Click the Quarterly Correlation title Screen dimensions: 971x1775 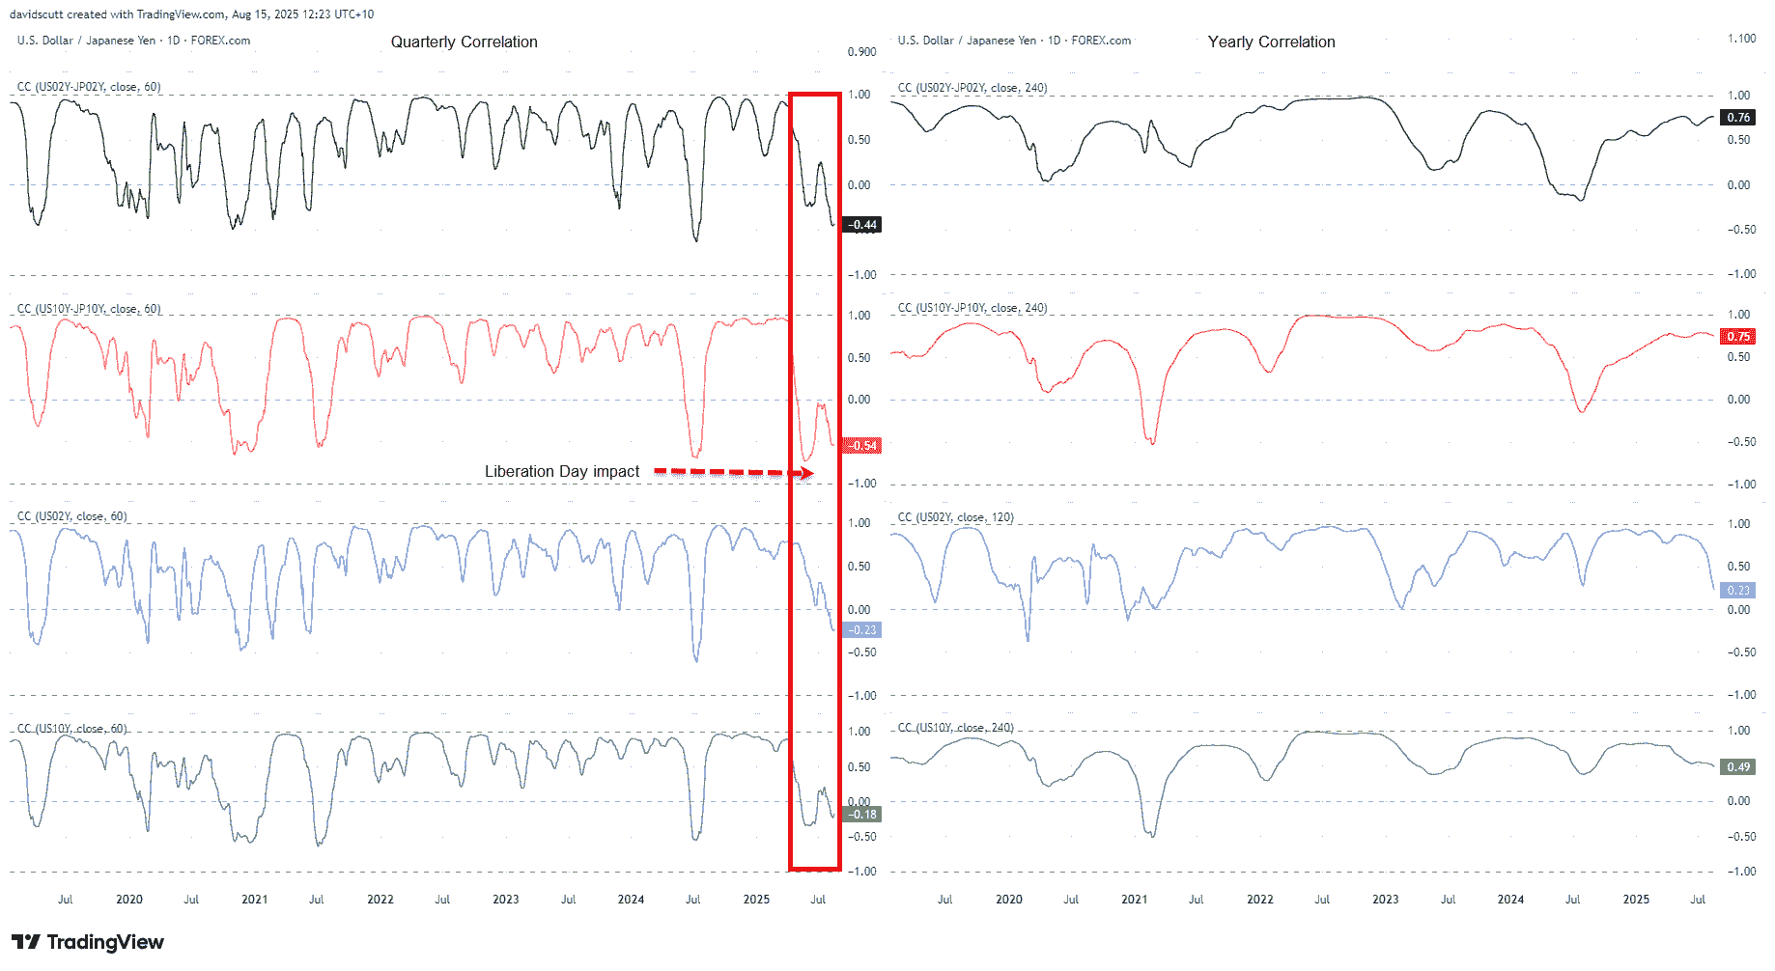click(464, 42)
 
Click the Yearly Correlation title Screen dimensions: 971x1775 click(1271, 42)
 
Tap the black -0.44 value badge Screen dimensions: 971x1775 click(861, 225)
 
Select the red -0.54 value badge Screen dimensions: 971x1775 click(861, 446)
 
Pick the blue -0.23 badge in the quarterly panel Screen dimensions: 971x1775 click(861, 630)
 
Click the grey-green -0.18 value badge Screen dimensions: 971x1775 click(861, 815)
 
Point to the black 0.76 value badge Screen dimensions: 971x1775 click(1738, 118)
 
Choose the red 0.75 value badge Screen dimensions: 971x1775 click(1738, 337)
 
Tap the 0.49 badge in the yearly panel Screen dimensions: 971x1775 click(1738, 767)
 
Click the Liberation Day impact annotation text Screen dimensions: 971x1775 click(561, 472)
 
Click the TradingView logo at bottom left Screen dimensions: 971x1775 click(88, 942)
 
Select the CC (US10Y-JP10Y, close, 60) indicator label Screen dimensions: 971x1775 click(89, 309)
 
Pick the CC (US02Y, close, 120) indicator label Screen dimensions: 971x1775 click(955, 517)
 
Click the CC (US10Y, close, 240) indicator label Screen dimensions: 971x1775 click(955, 728)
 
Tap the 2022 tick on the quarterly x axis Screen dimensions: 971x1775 click(380, 900)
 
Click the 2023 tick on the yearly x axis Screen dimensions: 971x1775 click(1385, 900)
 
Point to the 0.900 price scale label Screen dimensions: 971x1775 click(861, 52)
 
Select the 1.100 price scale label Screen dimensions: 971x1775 click(1741, 39)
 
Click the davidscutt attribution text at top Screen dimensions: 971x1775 click(191, 14)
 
